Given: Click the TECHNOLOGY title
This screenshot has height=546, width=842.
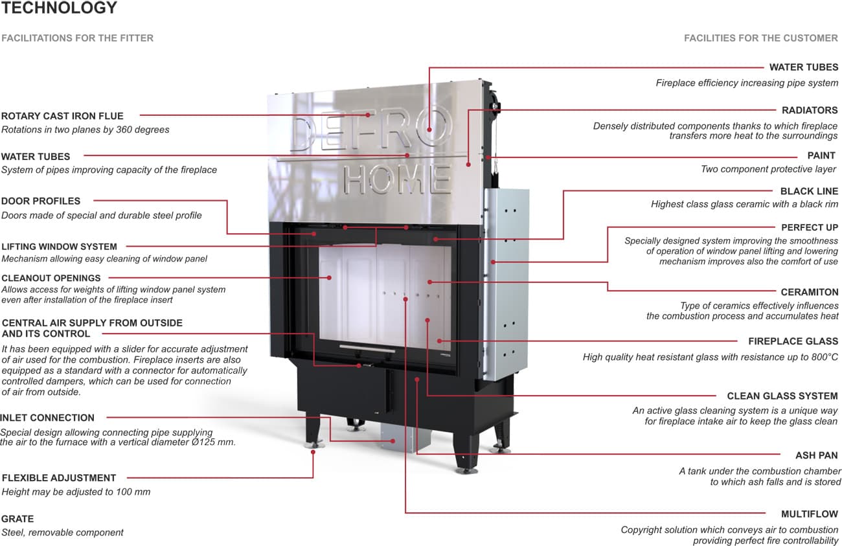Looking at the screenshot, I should click(60, 8).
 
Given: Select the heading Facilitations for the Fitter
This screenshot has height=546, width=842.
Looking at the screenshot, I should click(78, 38).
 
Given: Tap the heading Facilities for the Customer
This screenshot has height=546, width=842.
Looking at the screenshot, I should click(760, 38).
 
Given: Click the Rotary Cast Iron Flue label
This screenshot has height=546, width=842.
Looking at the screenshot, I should click(62, 116).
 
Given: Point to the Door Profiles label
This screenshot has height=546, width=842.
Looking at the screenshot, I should click(41, 201).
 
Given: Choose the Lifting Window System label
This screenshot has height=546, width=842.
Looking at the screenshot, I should click(60, 246).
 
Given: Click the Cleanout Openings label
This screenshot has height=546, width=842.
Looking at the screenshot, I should click(51, 279).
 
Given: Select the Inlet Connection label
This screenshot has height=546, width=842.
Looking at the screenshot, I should click(47, 418).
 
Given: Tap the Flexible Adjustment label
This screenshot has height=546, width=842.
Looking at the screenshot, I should click(59, 478).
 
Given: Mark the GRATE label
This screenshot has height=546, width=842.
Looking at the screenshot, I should click(17, 519).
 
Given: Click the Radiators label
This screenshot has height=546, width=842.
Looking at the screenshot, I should click(810, 110).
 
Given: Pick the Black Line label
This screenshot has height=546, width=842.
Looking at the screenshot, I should click(809, 191).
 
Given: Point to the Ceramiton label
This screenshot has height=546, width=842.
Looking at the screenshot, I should click(810, 292).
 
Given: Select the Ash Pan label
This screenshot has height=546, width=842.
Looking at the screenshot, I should click(817, 455).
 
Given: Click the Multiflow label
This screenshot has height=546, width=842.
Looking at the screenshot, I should click(810, 514).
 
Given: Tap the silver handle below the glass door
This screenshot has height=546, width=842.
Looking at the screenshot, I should click(365, 347).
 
